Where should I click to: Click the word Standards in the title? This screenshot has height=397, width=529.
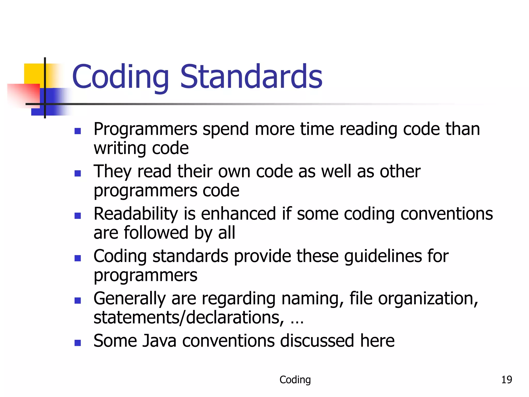251,77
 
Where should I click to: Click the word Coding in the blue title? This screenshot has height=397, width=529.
120,77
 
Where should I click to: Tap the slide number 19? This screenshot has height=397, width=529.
506,380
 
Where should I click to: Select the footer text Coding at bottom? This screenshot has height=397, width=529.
295,380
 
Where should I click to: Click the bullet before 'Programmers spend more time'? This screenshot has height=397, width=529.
77,131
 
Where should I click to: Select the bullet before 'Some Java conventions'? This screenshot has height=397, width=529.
77,343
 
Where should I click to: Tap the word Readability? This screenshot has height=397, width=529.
136,214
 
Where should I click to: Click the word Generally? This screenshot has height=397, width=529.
129,299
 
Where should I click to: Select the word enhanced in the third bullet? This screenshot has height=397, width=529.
238,214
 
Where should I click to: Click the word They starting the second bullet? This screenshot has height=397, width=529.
112,172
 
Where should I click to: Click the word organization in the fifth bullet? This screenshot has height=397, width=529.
427,299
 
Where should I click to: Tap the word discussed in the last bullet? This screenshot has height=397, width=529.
317,341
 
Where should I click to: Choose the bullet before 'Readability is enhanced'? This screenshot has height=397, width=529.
77,216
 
